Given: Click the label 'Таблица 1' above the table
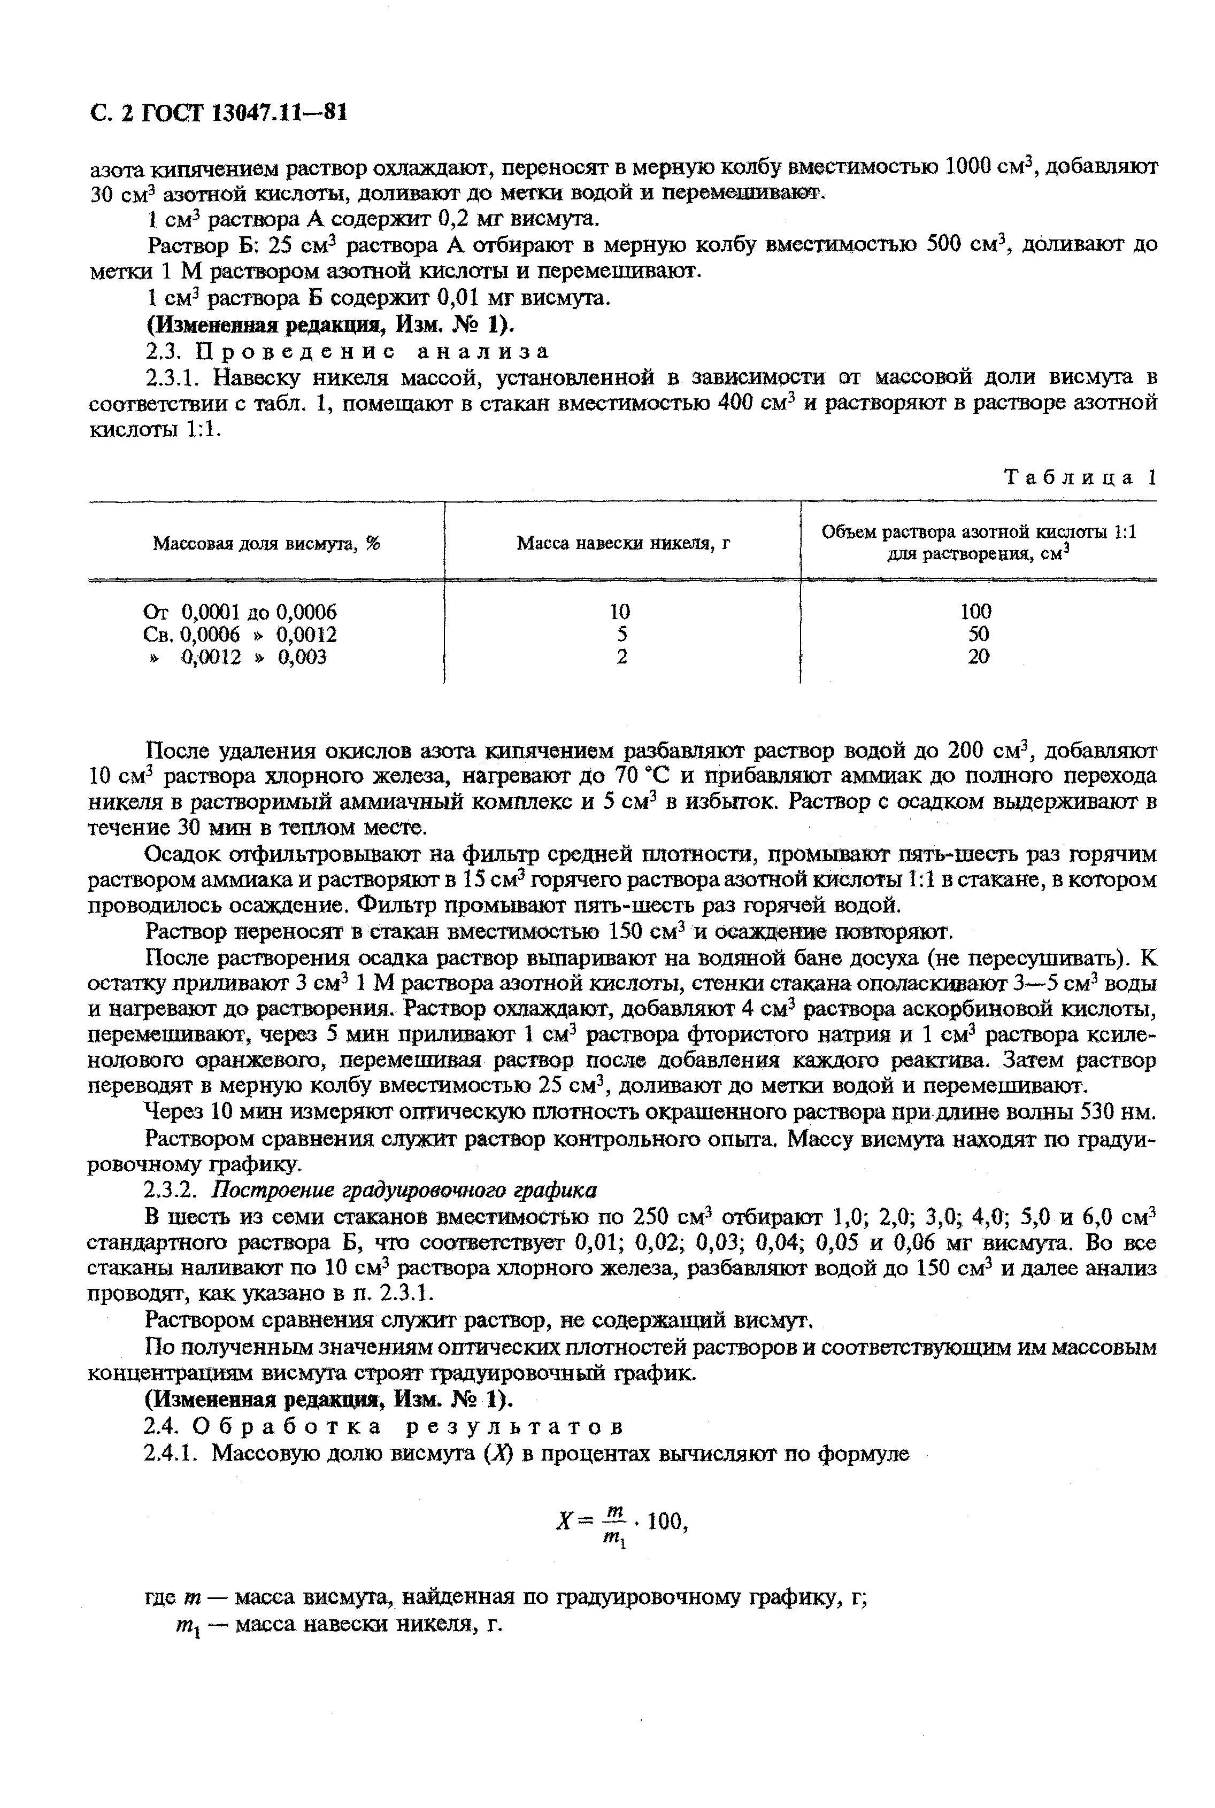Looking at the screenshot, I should (1079, 477).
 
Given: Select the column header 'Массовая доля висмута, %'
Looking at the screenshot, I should (266, 543).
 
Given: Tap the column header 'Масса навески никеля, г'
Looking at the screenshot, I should (623, 543).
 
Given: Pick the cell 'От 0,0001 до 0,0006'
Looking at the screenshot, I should (240, 612).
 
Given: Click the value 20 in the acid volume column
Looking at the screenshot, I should (978, 657).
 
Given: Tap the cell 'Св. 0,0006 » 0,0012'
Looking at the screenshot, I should (240, 635).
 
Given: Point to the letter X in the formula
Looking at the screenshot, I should (563, 1523).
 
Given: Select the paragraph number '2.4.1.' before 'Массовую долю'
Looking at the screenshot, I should (175, 1453).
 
